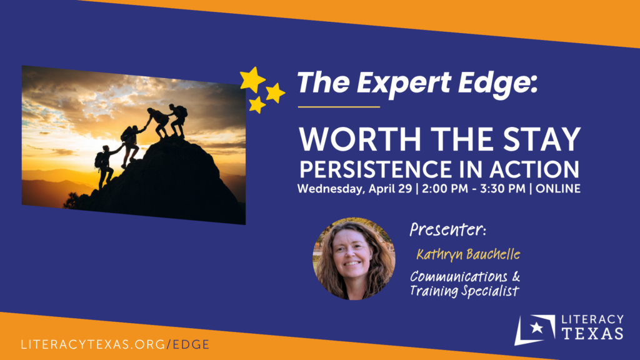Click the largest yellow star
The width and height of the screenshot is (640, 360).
tap(252, 79)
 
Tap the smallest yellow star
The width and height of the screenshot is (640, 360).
tap(257, 105)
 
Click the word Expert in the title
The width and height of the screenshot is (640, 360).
tap(404, 83)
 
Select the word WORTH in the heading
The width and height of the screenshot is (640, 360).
tap(360, 139)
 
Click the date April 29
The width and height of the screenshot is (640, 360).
tap(390, 189)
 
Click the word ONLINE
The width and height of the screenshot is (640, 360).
tap(558, 189)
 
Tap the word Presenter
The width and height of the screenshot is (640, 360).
tap(447, 229)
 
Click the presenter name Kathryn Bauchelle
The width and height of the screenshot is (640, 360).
tap(468, 254)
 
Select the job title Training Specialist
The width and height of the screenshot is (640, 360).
tap(464, 291)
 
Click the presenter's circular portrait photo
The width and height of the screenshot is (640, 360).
tap(354, 259)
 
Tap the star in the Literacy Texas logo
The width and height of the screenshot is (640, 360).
tap(536, 327)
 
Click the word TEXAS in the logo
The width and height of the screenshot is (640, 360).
tap(592, 333)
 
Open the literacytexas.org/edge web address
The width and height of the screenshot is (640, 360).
tap(115, 344)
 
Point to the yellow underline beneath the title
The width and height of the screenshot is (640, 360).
tap(339, 107)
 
